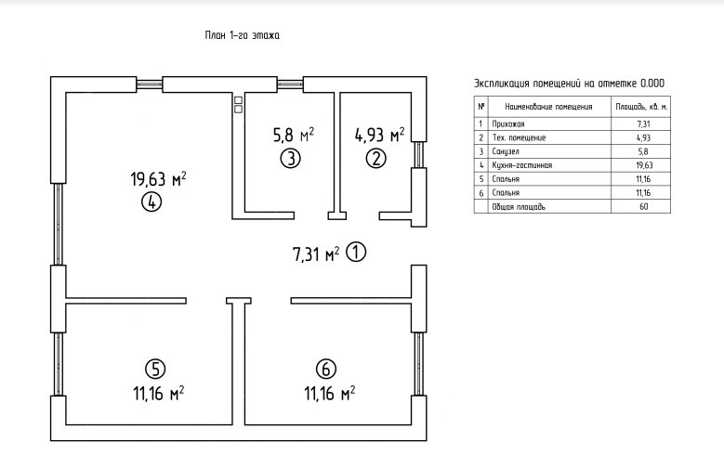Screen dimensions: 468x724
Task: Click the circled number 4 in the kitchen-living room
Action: click(x=152, y=201)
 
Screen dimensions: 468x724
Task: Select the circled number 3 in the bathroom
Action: click(x=291, y=158)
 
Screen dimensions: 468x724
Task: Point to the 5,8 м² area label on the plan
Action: click(x=293, y=135)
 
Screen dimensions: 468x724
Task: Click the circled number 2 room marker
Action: click(x=375, y=158)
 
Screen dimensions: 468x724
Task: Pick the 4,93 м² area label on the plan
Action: click(x=379, y=135)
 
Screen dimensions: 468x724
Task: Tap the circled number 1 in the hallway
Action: click(x=357, y=252)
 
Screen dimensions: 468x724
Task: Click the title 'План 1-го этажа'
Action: click(x=242, y=35)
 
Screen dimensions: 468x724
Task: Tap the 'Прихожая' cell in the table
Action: click(x=508, y=123)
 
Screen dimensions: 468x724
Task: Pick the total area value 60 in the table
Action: click(x=643, y=206)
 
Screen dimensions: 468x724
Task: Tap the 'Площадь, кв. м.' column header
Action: click(x=643, y=107)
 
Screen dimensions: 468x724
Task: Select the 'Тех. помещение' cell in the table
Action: click(x=520, y=137)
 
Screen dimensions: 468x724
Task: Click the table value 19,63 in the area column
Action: click(x=643, y=164)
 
